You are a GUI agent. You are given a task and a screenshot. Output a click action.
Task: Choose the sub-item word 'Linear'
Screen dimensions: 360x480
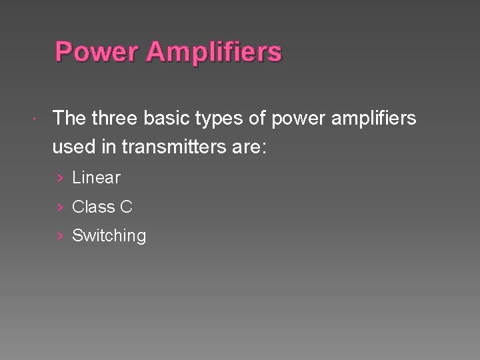[96, 178]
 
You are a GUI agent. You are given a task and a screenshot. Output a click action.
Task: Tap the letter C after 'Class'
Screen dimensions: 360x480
[126, 207]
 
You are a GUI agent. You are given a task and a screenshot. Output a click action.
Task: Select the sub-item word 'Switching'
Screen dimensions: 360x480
[109, 236]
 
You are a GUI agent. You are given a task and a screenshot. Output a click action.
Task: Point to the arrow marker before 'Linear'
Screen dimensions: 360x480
[60, 178]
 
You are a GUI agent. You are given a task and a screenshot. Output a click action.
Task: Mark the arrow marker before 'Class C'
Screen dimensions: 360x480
[60, 207]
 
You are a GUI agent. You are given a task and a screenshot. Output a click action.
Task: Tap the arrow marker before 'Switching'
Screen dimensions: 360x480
[60, 236]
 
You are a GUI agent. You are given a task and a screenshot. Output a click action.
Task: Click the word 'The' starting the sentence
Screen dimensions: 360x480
[69, 119]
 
